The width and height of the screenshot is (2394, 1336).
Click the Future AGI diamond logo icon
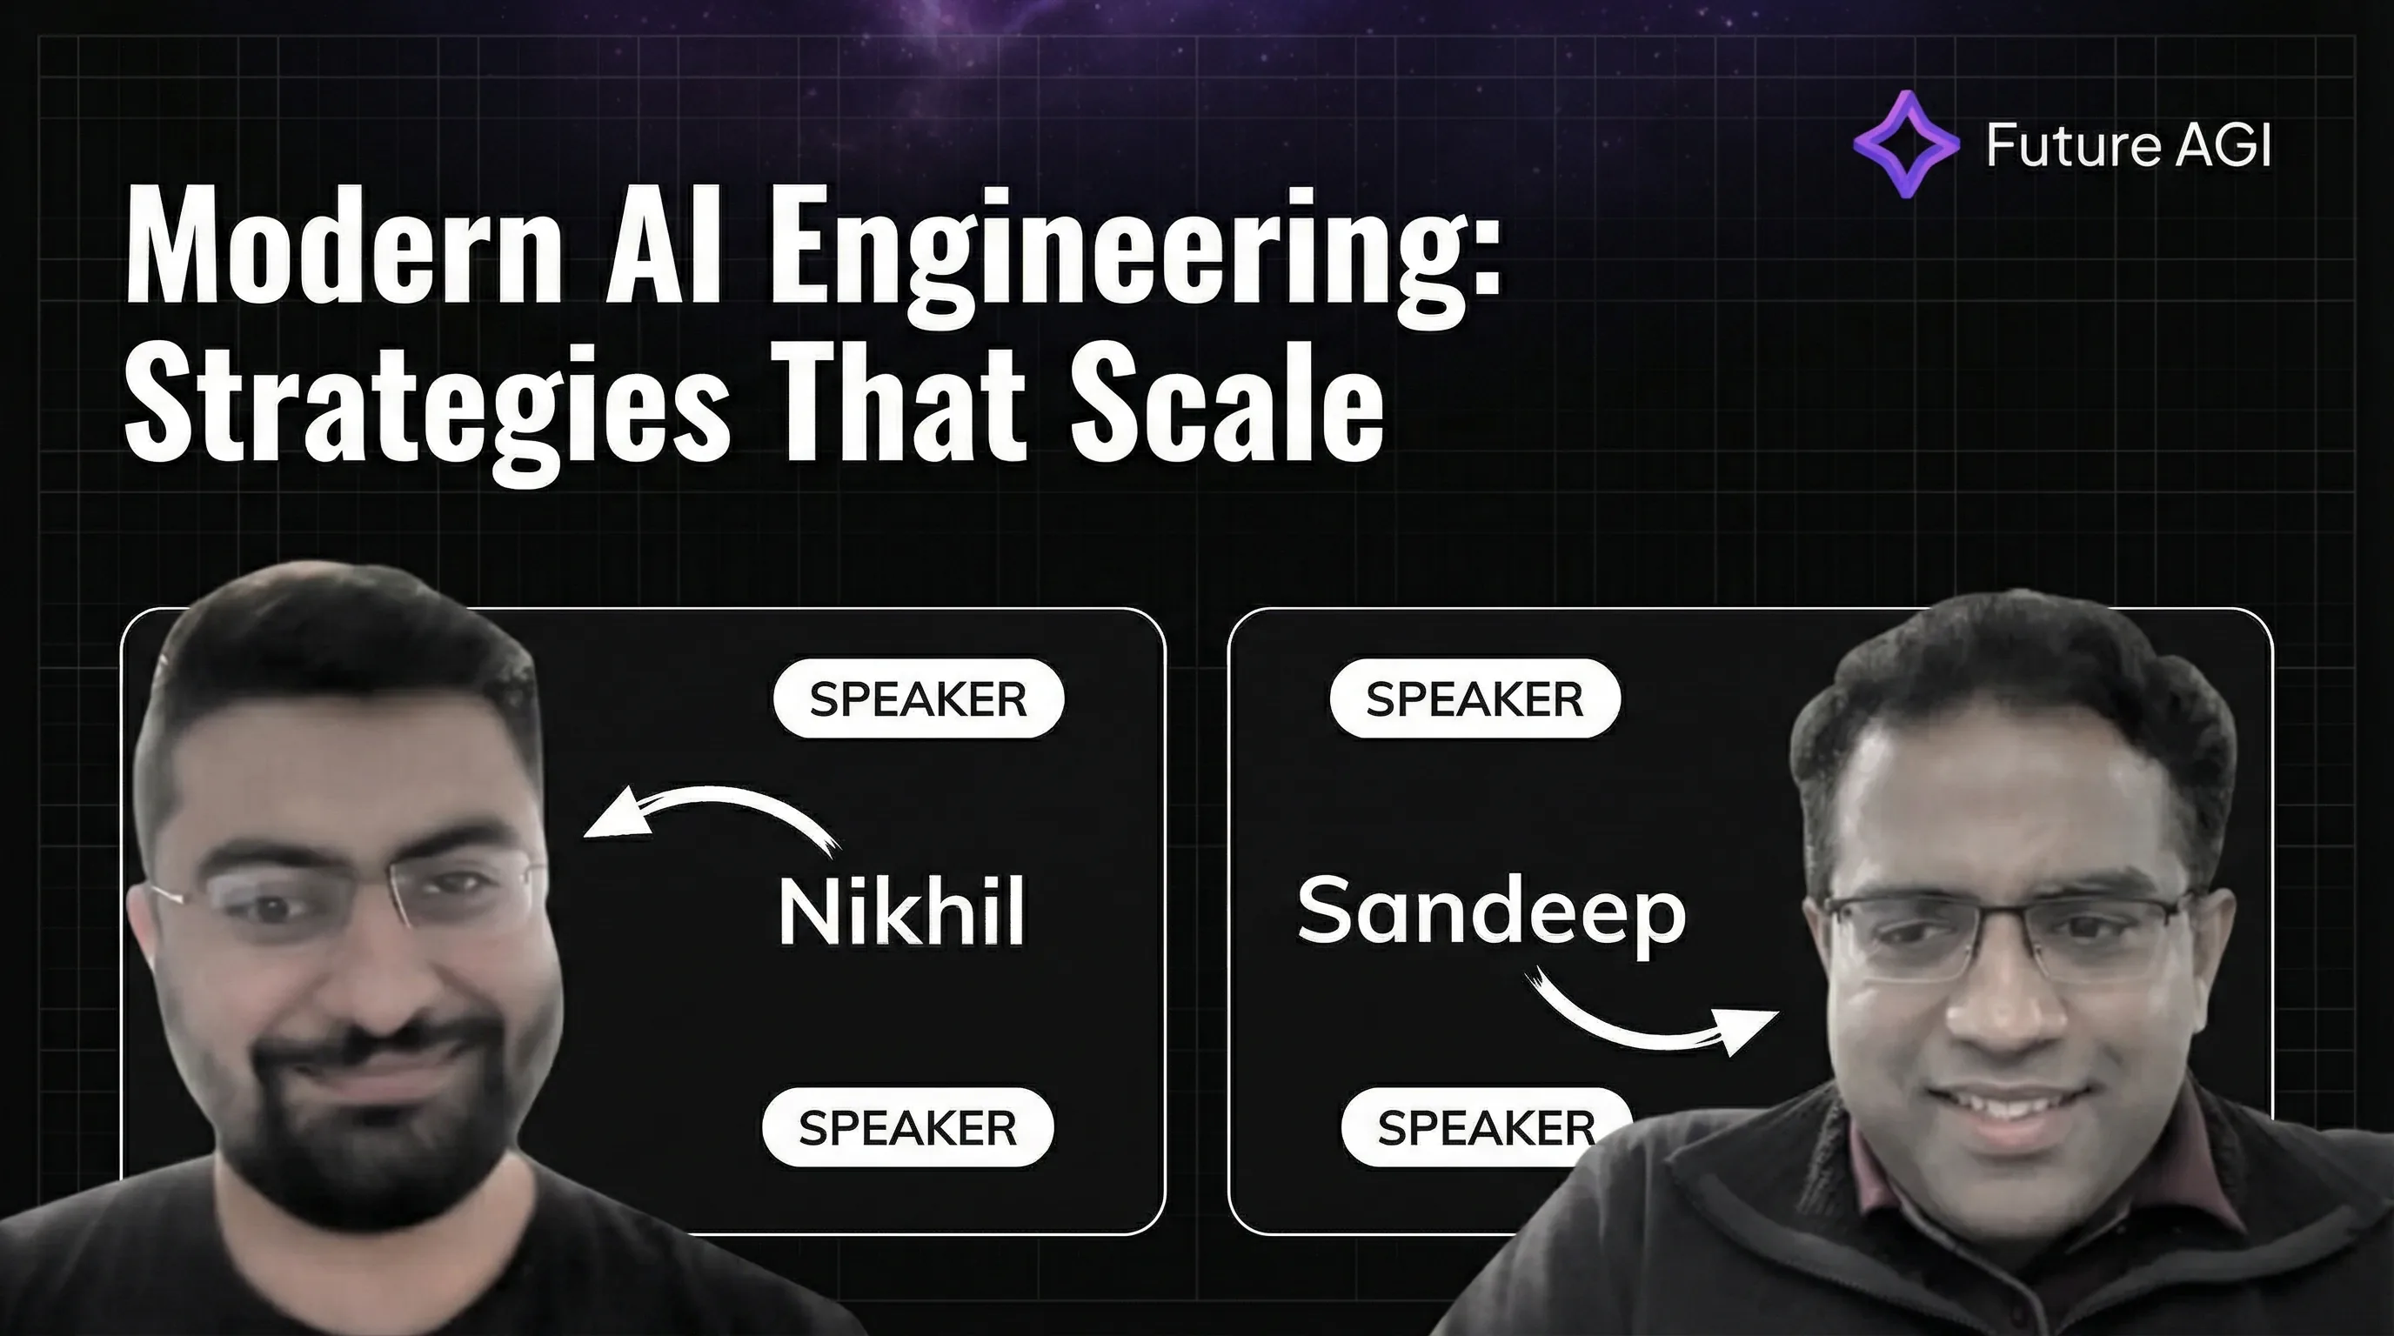[x=1905, y=144]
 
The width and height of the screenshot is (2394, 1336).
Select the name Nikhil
[x=901, y=912]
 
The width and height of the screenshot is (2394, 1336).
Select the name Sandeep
[x=1491, y=912]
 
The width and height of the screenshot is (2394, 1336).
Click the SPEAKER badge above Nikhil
[x=919, y=698]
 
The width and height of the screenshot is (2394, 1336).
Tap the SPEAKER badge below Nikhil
[x=907, y=1127]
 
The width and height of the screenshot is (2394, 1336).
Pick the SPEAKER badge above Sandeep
[x=1475, y=698]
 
